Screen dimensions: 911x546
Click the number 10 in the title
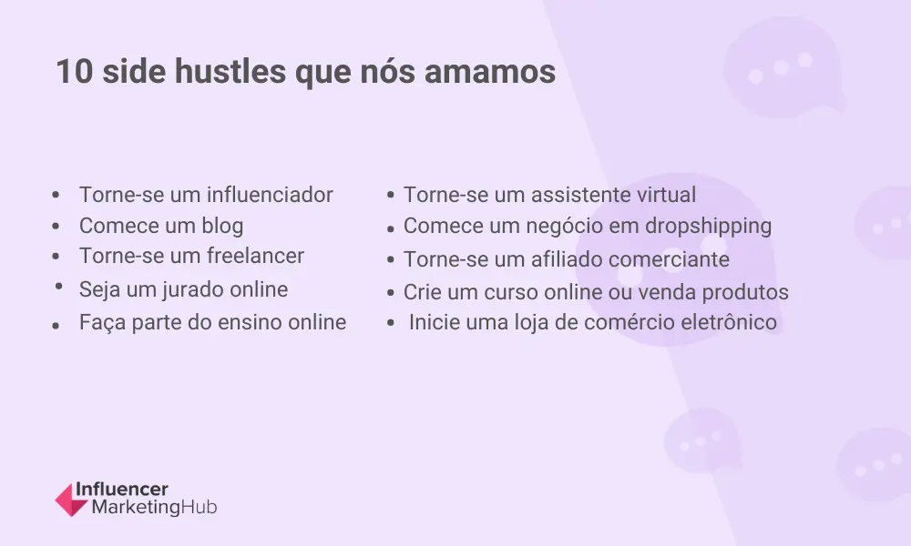[75, 71]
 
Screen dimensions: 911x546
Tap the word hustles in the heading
[230, 71]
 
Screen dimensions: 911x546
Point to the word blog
[222, 226]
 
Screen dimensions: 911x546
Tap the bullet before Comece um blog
[56, 227]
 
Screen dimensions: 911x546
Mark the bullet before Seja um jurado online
[58, 286]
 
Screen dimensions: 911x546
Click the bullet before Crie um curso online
[391, 293]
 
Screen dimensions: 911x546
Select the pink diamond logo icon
[71, 500]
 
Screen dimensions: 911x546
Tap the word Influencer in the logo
[122, 490]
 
